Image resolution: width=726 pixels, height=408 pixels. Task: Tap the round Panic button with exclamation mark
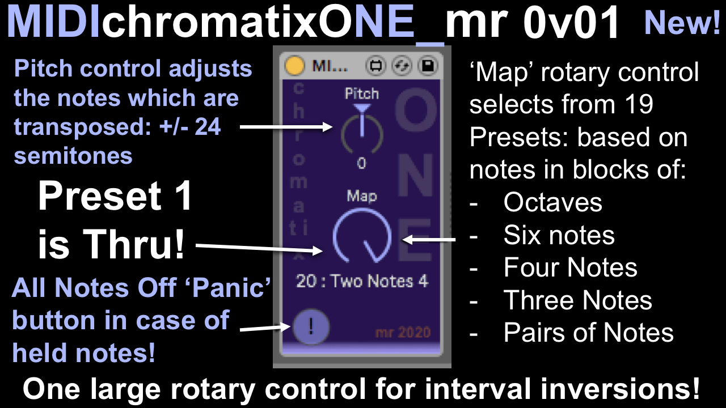coord(311,326)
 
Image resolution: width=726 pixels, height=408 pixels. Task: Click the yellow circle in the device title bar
coord(294,66)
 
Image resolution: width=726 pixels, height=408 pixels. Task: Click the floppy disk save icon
coord(428,66)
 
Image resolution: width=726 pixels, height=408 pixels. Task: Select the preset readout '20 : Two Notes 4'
coord(362,281)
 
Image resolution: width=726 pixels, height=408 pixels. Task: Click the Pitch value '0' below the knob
coord(362,163)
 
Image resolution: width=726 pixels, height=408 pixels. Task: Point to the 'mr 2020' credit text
coord(403,332)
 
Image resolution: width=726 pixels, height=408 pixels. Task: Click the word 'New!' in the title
coord(682,23)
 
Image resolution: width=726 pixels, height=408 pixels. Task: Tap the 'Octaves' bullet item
coord(552,202)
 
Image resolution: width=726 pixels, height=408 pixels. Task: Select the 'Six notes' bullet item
coord(559,235)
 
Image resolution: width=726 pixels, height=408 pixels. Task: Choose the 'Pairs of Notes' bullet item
coord(588,332)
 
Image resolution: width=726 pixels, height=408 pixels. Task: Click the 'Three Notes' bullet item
coord(577,300)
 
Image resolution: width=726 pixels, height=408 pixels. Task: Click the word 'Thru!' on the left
coord(133,244)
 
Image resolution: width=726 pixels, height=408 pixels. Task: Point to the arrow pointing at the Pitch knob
coord(286,126)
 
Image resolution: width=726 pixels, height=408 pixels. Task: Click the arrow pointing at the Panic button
coord(265,328)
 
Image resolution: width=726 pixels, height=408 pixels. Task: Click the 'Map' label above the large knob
coord(362,196)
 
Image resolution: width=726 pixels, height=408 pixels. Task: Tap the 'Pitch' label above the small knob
coord(362,93)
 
